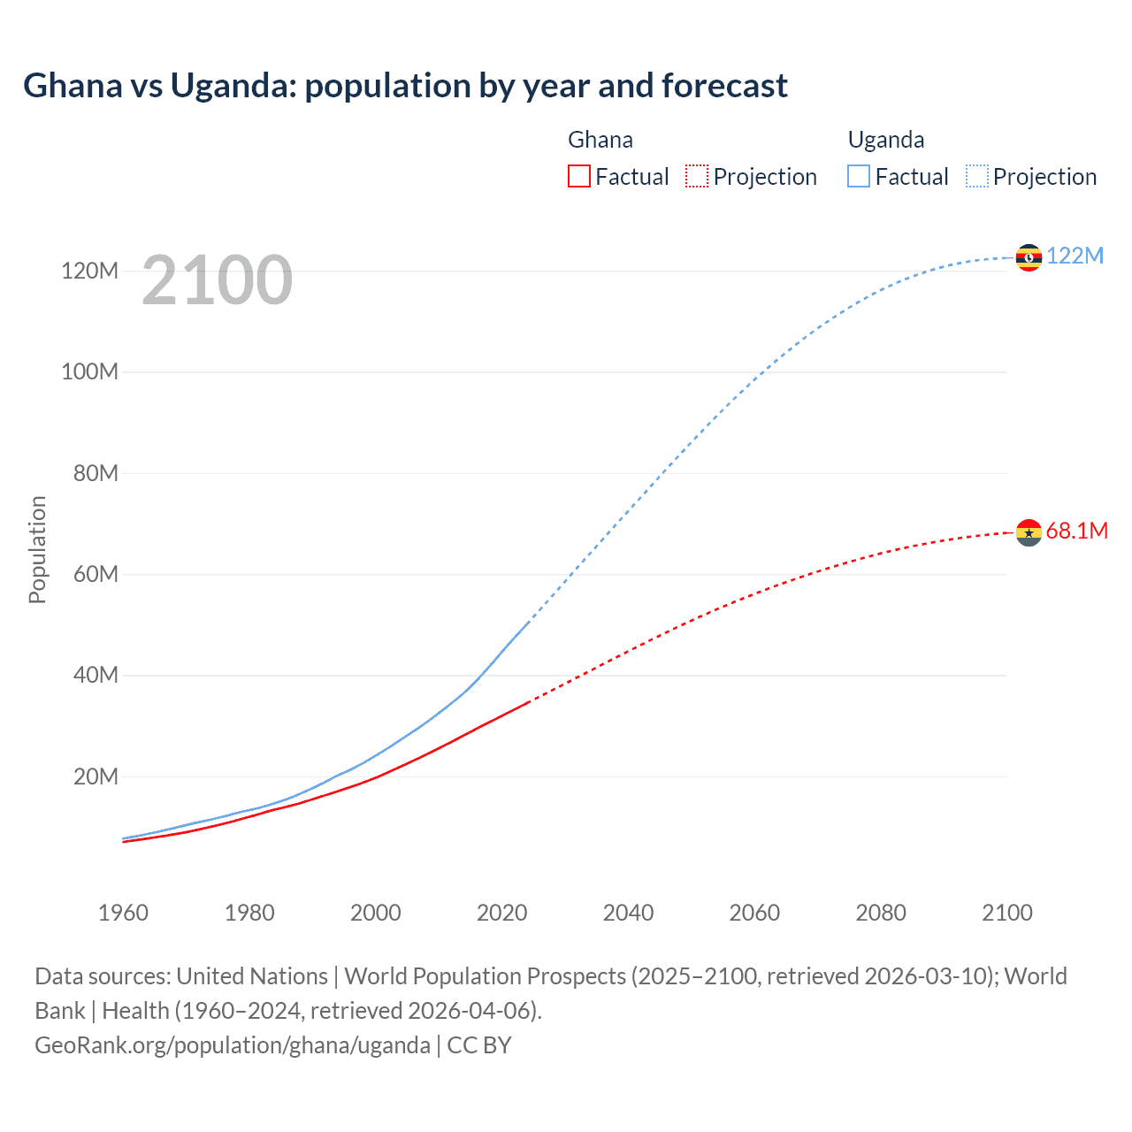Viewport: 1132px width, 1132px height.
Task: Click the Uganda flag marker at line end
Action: click(x=1029, y=257)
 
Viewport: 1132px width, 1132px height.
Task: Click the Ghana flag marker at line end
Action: click(x=1029, y=532)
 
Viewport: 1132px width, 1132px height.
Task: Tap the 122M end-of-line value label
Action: click(x=1075, y=256)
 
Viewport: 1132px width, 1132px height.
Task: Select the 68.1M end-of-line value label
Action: click(x=1076, y=531)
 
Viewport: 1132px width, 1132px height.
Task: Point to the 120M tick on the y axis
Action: click(x=89, y=271)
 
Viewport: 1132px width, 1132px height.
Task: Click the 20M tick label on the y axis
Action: click(x=96, y=776)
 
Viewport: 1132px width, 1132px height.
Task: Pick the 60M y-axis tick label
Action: click(x=96, y=574)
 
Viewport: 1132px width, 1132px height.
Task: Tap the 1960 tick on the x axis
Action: click(x=123, y=913)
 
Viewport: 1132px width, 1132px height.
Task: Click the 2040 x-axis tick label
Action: click(x=628, y=913)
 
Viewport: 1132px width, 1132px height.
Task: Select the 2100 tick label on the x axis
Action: click(x=1006, y=913)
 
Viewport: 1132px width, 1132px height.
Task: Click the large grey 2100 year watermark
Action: click(x=217, y=280)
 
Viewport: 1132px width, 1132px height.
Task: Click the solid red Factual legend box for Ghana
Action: click(x=578, y=176)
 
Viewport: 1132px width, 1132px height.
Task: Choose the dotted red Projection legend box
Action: click(x=697, y=176)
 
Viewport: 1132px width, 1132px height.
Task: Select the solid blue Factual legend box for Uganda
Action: click(x=859, y=176)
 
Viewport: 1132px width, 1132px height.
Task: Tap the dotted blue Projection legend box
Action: click(x=976, y=176)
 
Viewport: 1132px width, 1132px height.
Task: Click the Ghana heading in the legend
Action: click(x=600, y=140)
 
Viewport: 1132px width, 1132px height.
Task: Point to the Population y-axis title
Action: click(x=37, y=549)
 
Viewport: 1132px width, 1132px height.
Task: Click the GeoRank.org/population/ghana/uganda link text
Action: click(x=233, y=1044)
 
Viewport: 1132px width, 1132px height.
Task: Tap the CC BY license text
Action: click(x=479, y=1044)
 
